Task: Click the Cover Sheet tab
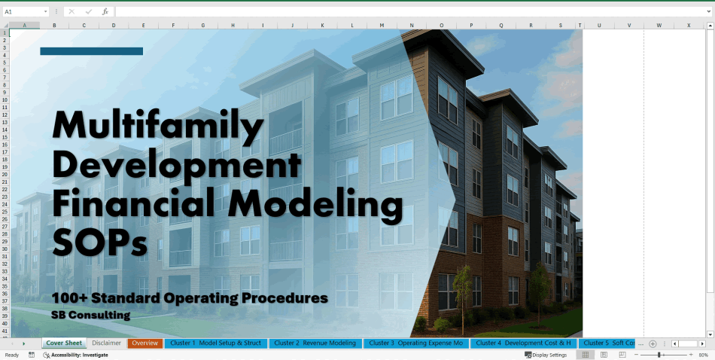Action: [x=63, y=343]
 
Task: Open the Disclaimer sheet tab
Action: [x=106, y=343]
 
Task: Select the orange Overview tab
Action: [x=145, y=343]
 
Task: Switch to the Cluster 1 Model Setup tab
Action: [x=215, y=343]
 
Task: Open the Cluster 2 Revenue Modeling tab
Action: [x=315, y=343]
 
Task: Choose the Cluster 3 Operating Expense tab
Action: [x=416, y=343]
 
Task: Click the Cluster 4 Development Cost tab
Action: [x=524, y=343]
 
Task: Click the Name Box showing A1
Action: [x=23, y=12]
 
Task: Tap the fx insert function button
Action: [x=105, y=12]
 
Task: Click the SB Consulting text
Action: [x=90, y=315]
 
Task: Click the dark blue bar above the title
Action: [x=91, y=51]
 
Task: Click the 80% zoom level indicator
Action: [x=703, y=355]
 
